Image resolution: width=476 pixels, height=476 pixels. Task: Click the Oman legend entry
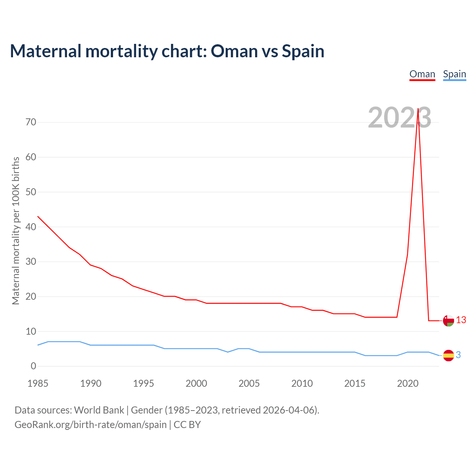(422, 74)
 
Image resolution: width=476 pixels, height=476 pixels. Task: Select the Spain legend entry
(454, 74)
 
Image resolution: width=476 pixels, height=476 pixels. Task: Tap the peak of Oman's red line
(418, 109)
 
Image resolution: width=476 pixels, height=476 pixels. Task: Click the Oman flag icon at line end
(448, 321)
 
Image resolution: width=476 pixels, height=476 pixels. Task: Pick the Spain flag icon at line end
(448, 356)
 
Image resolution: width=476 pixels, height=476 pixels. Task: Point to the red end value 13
(461, 320)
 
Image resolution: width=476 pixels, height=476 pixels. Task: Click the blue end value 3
(459, 355)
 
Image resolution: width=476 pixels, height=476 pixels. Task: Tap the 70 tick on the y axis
(31, 122)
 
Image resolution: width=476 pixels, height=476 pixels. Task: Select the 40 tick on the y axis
(31, 227)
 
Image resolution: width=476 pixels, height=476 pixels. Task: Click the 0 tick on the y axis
(34, 366)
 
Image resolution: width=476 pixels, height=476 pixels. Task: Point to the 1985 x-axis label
(38, 384)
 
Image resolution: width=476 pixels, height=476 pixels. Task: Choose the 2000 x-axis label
(196, 384)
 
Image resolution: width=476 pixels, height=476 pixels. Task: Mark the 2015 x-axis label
(355, 384)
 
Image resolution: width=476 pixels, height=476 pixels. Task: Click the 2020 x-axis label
(408, 384)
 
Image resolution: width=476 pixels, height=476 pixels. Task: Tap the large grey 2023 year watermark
(399, 118)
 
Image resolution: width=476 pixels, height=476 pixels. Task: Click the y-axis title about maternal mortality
(16, 231)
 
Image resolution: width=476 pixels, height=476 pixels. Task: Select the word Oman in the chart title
(234, 51)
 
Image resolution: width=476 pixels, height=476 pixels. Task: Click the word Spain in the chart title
(303, 51)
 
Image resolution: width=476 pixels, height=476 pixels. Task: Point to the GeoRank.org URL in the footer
(90, 425)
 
